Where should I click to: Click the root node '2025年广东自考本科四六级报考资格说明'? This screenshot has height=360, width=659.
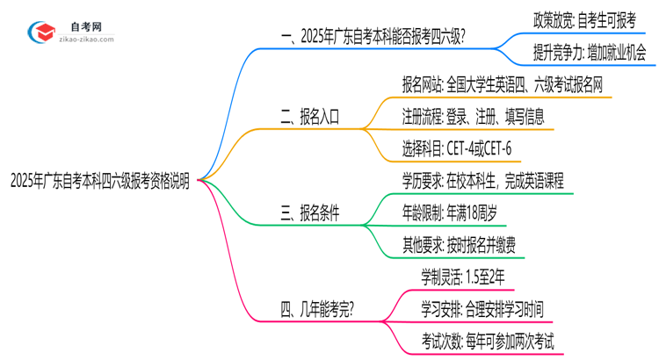[x=98, y=180]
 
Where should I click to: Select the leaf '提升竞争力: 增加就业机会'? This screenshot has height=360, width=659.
[x=588, y=54]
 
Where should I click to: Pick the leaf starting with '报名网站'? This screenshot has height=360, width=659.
[x=507, y=84]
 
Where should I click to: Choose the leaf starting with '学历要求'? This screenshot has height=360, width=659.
[x=482, y=181]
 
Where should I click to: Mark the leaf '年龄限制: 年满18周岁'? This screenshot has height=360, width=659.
[x=455, y=211]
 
